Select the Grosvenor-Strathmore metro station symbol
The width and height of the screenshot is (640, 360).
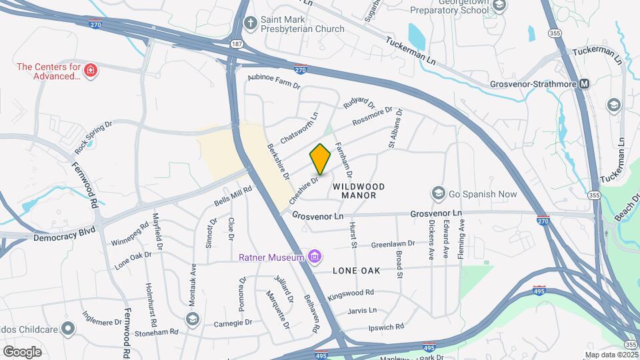[x=585, y=84]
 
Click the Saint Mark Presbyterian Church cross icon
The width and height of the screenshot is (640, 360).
[x=250, y=23]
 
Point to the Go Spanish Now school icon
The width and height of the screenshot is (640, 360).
[x=438, y=194]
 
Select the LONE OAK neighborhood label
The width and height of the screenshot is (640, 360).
[x=356, y=271]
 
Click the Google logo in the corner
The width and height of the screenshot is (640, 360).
[x=22, y=351]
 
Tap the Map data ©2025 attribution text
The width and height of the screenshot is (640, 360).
[x=612, y=355]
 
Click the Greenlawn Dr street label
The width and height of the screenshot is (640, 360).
[x=393, y=244]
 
